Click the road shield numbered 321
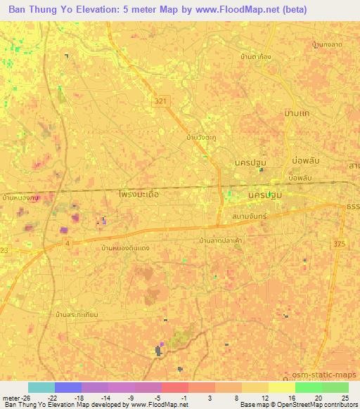point(162,102)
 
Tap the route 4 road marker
point(67,242)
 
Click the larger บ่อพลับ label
point(299,162)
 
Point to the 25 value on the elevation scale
point(345,397)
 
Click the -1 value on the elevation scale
point(184,397)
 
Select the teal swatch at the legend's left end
point(41,387)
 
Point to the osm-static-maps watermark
point(330,373)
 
